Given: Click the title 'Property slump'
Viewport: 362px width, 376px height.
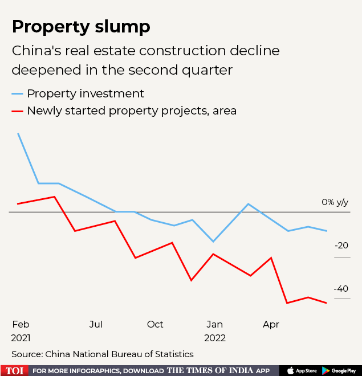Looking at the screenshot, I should pos(81,27).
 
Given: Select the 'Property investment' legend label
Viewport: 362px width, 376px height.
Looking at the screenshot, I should pos(86,93).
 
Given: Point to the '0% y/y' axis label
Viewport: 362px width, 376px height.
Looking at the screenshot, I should pos(335,202).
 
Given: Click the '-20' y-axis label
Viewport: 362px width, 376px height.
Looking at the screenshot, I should pos(341,246).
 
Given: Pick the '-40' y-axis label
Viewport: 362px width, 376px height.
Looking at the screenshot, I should pos(341,289).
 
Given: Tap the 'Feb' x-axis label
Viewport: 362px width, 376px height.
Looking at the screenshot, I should pos(21,324).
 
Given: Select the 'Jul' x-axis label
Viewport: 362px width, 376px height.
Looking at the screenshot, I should pos(96,324).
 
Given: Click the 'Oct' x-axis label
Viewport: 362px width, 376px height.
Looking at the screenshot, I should pos(155,324).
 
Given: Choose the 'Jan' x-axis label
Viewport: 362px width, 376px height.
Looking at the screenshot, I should pos(214,324).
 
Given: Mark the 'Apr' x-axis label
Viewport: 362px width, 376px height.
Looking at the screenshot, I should pos(271,324).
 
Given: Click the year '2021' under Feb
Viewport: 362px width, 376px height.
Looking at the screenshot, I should pos(21,338).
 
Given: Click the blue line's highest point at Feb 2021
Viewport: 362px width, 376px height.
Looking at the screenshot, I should pos(18,133).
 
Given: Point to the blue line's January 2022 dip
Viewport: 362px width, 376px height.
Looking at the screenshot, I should pos(213,242).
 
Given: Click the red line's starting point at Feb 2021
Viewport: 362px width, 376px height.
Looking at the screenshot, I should pos(18,203).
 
